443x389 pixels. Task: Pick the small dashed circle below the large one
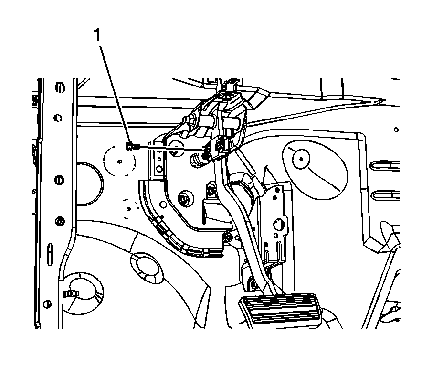[127, 206]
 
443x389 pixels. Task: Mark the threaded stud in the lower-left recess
[72, 292]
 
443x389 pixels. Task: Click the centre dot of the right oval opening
[301, 158]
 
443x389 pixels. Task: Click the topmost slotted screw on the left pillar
[59, 87]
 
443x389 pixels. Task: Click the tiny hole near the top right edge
[395, 129]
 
